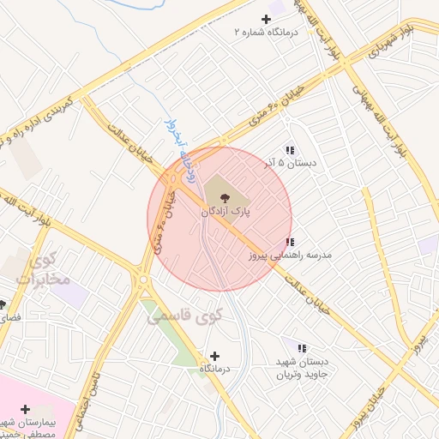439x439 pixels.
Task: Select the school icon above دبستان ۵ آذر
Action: [290, 149]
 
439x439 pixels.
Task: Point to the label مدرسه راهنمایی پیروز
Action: [296, 256]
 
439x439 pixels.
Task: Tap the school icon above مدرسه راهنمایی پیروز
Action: [290, 243]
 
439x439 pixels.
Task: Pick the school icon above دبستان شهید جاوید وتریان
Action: [301, 348]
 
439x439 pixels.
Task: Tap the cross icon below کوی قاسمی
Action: [214, 356]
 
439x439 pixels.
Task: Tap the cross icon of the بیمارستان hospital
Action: [25, 410]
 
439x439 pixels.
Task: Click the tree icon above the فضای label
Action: [3, 304]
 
